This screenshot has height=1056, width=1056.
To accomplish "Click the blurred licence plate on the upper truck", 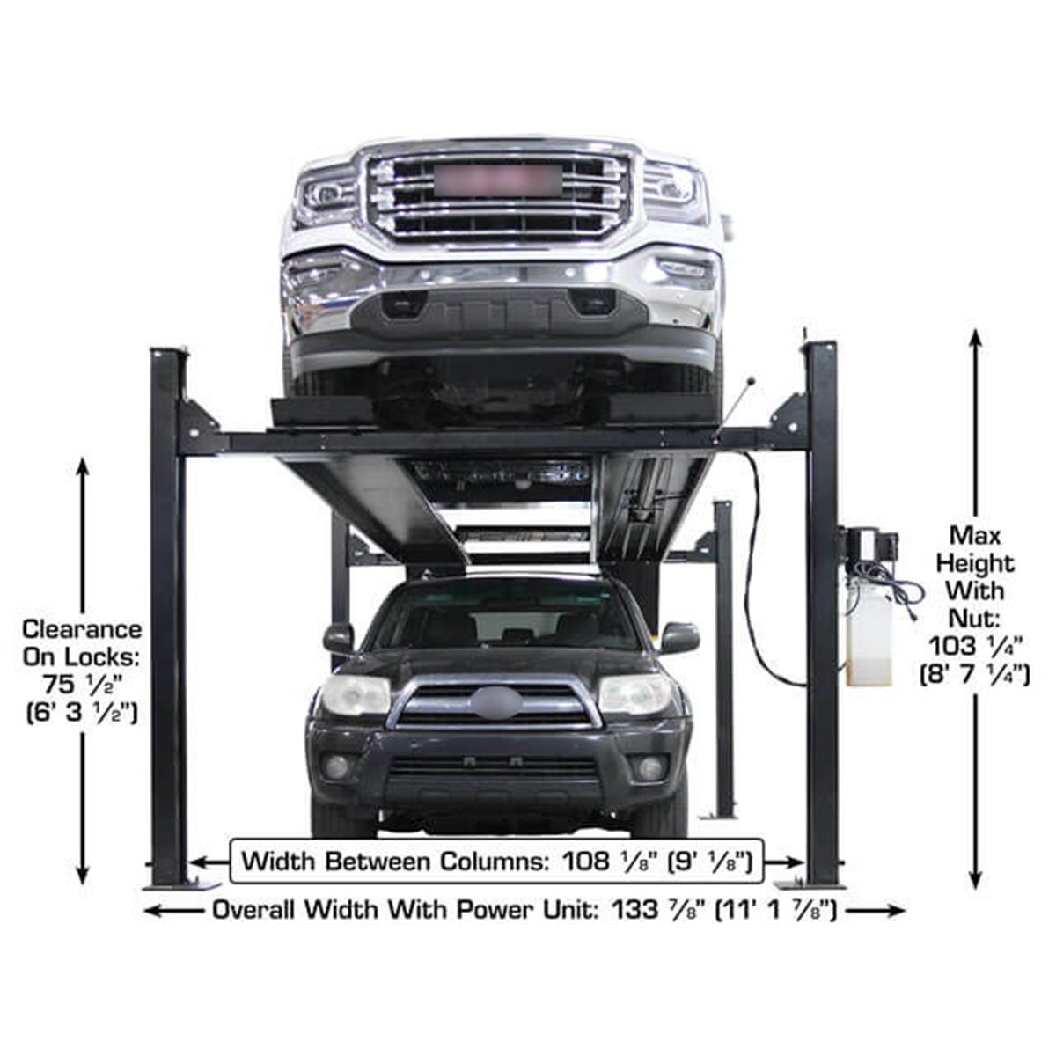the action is point(498,181).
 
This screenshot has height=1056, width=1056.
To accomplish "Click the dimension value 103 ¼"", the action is point(975,647).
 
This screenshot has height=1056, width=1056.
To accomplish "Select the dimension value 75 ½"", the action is point(83,685).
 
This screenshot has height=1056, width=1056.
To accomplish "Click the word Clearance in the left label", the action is point(82,630).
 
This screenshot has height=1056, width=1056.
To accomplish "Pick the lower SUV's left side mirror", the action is point(339,638).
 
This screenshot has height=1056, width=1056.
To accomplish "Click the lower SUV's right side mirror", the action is point(679,638).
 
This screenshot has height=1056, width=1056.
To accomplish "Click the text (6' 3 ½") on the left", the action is point(82,713).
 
